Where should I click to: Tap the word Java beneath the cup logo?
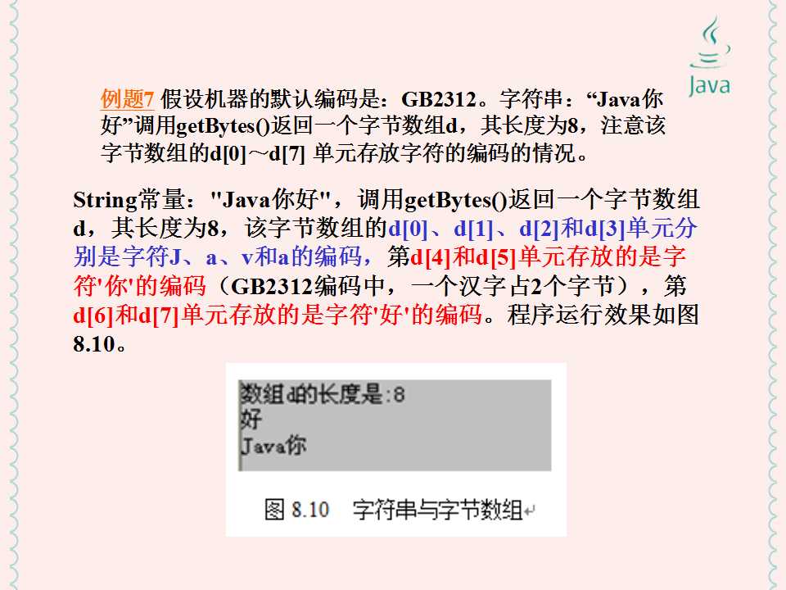coord(709,85)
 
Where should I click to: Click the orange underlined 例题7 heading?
coord(128,100)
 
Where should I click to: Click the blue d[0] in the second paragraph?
coord(407,229)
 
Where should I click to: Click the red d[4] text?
coord(431,258)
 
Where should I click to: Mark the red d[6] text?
coord(92,315)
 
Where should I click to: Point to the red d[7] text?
coord(161,315)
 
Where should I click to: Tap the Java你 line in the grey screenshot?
coord(273,446)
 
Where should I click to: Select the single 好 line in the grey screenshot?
coord(251,420)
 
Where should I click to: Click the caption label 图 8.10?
coord(296,511)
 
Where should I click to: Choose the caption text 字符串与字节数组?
coord(437,511)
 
